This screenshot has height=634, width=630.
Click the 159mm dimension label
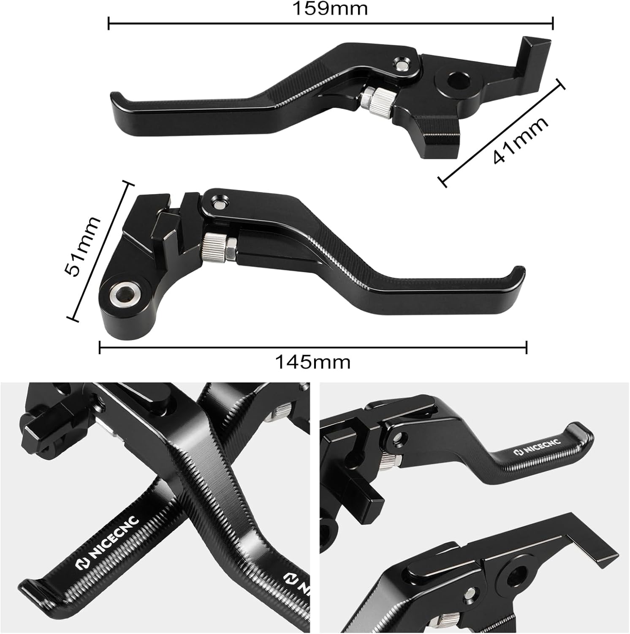pos(331,8)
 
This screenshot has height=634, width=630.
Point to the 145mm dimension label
pos(313,362)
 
